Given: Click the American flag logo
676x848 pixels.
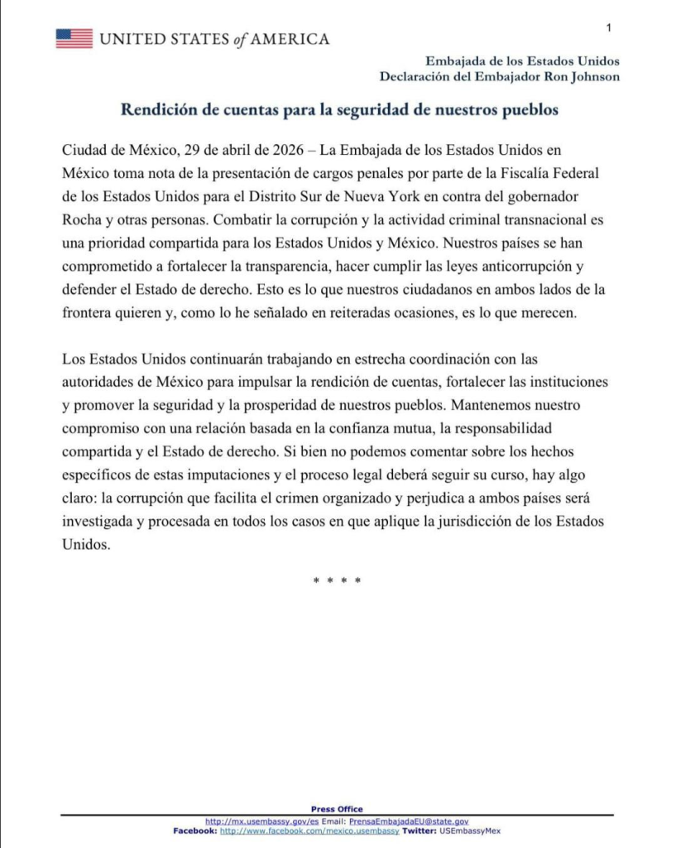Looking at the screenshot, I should point(74,38).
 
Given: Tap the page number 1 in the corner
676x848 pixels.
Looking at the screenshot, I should point(609,28).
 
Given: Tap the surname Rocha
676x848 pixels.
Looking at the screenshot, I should point(80,221).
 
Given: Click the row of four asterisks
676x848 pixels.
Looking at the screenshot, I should point(337,581).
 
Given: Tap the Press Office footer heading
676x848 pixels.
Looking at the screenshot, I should point(337,809).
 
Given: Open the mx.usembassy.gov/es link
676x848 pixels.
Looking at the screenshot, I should point(261,821).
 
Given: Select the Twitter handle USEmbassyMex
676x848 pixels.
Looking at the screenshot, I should point(470,830).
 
